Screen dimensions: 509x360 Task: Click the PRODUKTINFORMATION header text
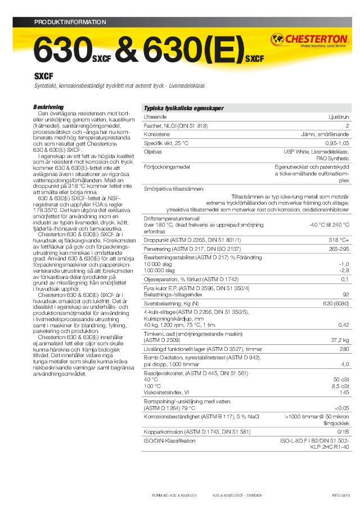click(x=70, y=22)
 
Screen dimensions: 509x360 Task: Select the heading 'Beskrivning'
click(x=48, y=107)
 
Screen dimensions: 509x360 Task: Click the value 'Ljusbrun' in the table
click(x=339, y=117)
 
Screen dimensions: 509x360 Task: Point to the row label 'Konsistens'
click(x=157, y=135)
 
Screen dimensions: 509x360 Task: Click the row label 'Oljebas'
click(x=153, y=152)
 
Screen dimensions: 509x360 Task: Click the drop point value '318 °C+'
click(x=339, y=239)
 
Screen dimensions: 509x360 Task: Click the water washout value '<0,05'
click(x=341, y=408)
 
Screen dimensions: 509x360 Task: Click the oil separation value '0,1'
click(x=345, y=279)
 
